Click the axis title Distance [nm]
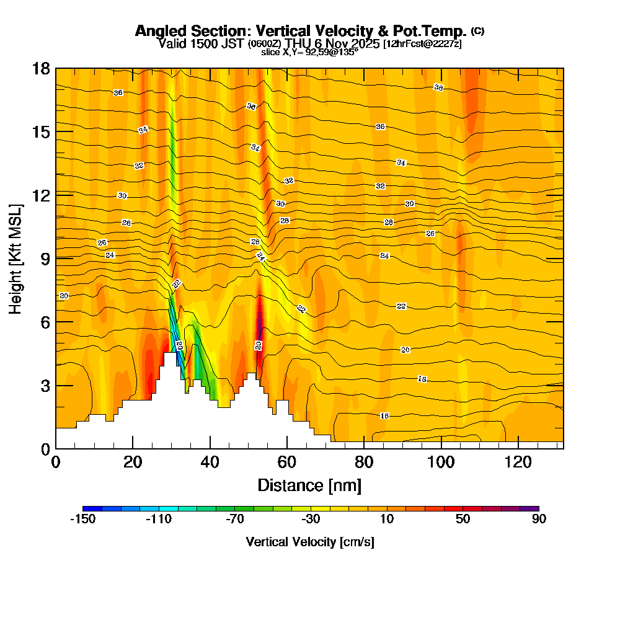309,485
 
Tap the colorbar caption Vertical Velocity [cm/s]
310,542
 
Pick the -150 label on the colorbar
82,520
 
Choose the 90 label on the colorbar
539,520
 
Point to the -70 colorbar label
234,520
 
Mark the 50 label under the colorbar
463,520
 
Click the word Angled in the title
157,31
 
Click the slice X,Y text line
309,52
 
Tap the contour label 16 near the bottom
384,415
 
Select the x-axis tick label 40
210,463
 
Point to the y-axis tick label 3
45,385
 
